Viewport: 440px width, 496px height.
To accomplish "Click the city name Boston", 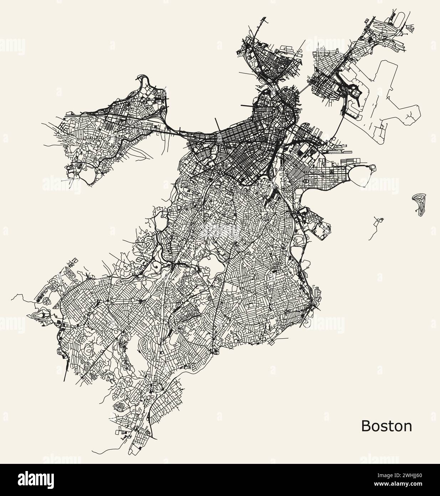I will pos(387,426).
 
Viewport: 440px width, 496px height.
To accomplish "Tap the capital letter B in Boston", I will pos(366,426).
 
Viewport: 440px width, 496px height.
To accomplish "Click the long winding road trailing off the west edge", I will pos(21,298).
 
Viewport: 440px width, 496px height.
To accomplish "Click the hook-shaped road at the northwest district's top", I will pos(143,79).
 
